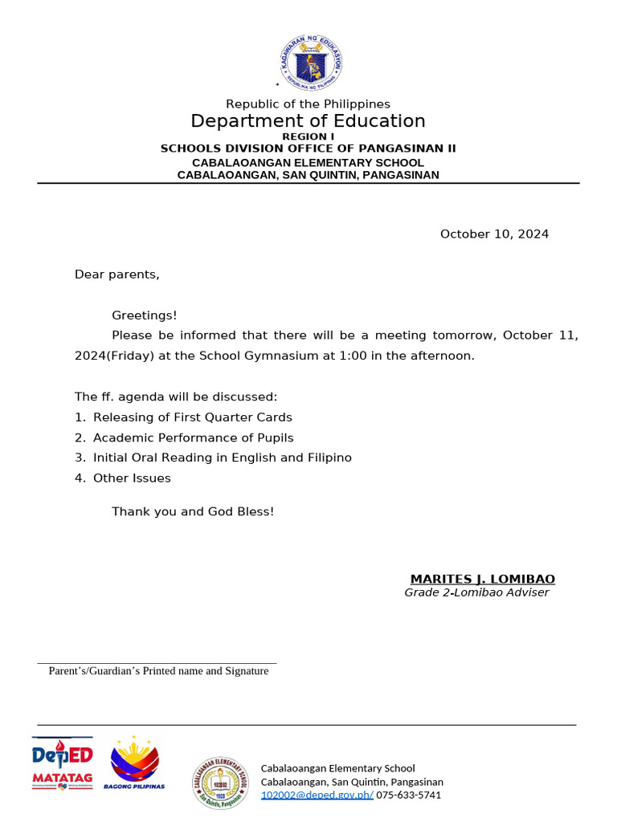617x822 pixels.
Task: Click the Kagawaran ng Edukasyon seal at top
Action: pos(308,63)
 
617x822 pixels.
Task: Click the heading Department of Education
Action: pos(308,121)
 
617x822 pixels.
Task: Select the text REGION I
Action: pos(308,136)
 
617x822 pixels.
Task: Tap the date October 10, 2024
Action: pos(494,234)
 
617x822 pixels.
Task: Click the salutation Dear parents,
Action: pos(117,275)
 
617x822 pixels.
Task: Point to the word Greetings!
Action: pos(145,315)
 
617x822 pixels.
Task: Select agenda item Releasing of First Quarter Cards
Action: pos(192,417)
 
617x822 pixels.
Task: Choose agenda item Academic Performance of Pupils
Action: pos(193,437)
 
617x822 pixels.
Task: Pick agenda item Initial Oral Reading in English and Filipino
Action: pos(222,458)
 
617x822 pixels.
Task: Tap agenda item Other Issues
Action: pos(132,478)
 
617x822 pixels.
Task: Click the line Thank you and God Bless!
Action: pos(193,511)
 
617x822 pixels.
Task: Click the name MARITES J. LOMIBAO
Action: pos(482,580)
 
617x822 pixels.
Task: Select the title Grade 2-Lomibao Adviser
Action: pos(476,592)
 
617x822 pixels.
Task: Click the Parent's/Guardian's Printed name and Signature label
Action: pos(158,671)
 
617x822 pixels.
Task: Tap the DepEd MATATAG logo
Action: pos(62,763)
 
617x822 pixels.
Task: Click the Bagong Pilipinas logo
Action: pos(134,763)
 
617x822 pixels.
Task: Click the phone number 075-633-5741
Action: pos(408,795)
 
